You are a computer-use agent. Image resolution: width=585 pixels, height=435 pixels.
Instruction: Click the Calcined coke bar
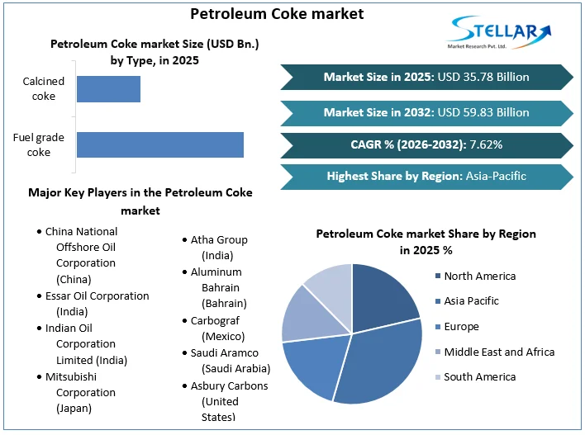coord(108,89)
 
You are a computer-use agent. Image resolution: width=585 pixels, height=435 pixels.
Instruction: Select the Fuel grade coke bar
coord(160,144)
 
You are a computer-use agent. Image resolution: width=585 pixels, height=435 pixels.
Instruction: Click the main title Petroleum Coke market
coord(265,14)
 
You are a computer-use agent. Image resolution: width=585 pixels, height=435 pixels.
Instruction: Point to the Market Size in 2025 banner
coord(426,77)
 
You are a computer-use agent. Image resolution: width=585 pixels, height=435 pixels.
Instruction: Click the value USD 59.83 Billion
coord(483,111)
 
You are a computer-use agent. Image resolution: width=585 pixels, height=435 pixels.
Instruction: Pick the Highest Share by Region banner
coord(426,176)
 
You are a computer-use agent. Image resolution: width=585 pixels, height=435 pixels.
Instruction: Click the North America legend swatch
coord(436,277)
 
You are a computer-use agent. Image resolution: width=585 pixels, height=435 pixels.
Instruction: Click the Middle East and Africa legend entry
coord(498,352)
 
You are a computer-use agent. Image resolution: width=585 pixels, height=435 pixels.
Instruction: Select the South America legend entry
coord(479,377)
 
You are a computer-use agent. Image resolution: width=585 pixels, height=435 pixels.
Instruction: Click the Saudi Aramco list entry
coord(224,352)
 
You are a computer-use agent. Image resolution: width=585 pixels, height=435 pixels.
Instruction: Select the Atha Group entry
coord(219,239)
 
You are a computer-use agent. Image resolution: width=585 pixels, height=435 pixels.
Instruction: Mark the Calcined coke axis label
coord(39,88)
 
